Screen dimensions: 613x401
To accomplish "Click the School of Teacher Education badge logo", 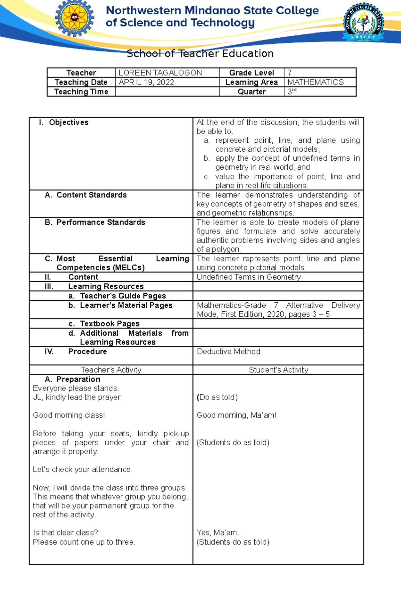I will point(364,22).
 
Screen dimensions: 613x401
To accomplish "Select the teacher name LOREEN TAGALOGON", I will point(160,73).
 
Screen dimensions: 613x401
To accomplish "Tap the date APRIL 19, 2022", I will point(146,82).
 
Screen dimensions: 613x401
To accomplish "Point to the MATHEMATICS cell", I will point(315,82).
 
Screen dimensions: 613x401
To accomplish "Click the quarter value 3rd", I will point(292,91).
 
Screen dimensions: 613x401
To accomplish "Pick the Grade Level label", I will point(252,73).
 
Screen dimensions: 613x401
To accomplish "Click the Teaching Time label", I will point(81,92).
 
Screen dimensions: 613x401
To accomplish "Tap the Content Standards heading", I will point(91,195).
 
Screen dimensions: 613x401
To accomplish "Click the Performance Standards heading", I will point(100,222).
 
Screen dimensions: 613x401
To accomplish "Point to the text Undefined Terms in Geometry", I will point(249,277).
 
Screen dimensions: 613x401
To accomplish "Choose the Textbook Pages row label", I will point(109,323).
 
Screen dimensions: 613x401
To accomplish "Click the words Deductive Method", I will point(229,351).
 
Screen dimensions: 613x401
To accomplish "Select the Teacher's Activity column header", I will point(111,370).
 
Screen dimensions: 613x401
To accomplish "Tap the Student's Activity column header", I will point(278,370).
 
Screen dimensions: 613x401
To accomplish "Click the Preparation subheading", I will point(78,379).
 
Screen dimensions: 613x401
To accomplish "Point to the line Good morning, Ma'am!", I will point(237,415).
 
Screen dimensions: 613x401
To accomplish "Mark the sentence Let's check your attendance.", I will point(83,469).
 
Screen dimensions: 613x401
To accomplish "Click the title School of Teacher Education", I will point(200,53).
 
